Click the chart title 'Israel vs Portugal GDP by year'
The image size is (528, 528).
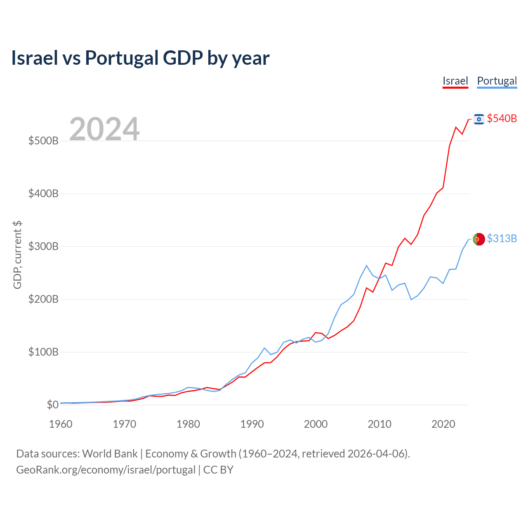140,58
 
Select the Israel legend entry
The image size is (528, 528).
455,81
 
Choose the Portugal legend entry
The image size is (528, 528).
497,81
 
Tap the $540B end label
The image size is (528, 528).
502,118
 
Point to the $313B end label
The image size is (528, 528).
502,238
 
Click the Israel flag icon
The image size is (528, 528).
479,119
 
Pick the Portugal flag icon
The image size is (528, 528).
479,239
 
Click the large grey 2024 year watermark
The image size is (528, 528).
104,129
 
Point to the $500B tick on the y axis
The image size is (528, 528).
43,141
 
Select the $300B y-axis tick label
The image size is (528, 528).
43,246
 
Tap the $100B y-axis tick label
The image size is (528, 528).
43,352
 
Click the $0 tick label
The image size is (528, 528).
52,405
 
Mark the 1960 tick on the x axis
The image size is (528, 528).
61,424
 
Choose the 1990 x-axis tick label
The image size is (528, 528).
252,424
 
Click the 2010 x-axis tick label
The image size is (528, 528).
379,424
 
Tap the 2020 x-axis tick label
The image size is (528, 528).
443,424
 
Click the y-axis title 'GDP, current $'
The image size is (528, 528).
17,255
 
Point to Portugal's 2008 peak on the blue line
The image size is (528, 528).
366,266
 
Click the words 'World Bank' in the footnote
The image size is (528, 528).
110,454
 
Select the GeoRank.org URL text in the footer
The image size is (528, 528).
106,470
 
